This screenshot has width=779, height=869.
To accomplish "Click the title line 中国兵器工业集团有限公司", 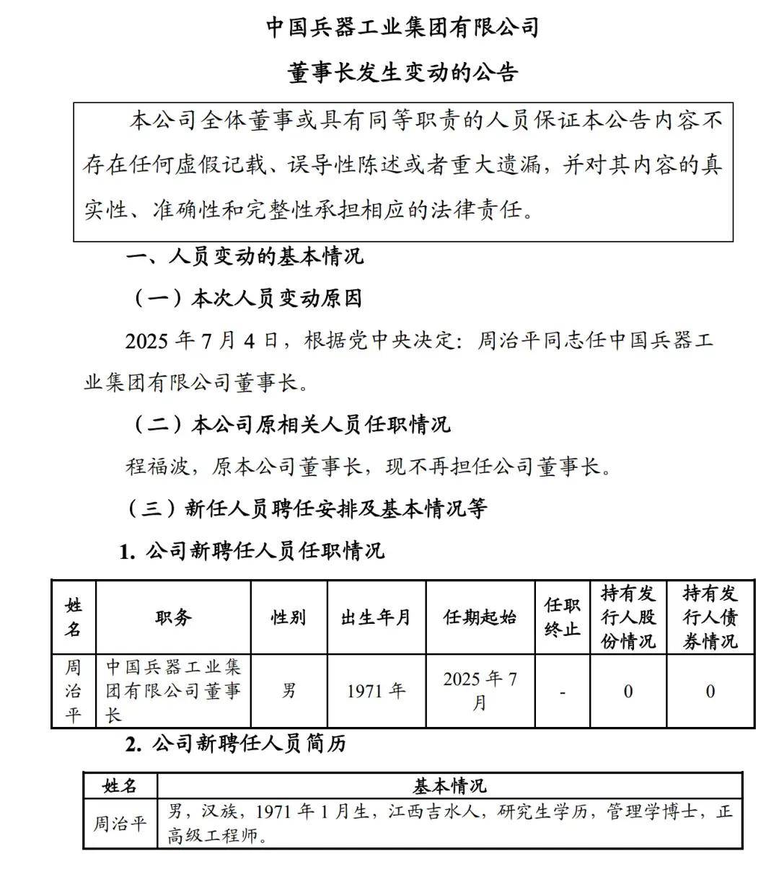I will [402, 27].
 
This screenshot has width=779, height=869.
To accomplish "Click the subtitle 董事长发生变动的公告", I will [402, 73].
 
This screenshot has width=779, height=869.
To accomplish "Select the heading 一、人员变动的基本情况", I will [246, 256].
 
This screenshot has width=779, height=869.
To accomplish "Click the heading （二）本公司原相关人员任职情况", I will [292, 423].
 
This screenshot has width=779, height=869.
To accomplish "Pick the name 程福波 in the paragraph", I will [157, 467].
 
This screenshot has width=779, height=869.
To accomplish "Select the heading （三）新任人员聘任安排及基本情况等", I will [307, 508].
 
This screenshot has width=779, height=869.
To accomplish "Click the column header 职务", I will [173, 617].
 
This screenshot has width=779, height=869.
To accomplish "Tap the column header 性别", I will [289, 617].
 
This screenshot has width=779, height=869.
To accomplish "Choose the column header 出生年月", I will [376, 617].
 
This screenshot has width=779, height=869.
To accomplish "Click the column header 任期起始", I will [480, 617].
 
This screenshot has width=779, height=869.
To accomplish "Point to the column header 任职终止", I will [562, 617].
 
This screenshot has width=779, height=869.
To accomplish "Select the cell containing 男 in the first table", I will [289, 691].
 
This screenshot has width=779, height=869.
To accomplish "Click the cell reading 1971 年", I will [376, 691].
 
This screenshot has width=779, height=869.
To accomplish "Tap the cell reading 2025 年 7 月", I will [480, 691].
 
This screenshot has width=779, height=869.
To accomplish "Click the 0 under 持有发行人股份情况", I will [628, 692].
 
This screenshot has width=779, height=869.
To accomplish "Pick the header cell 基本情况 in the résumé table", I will [449, 785].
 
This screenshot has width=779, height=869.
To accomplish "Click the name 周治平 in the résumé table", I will [120, 823].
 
